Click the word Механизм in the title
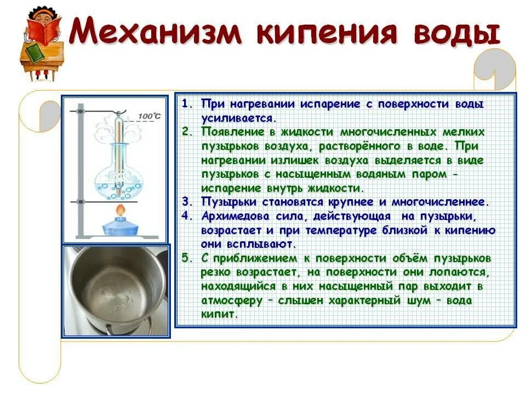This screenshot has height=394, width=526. click(156, 33)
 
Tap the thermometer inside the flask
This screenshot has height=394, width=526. click(118, 153)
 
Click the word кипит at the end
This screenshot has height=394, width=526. click(219, 315)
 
